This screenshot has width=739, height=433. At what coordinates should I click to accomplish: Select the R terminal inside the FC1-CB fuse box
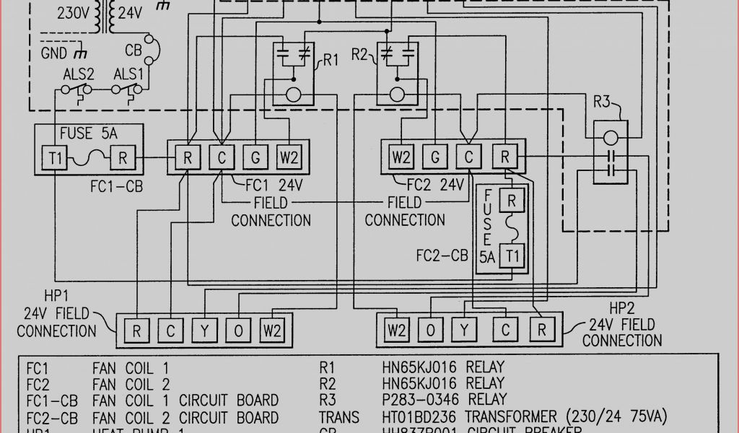(122, 157)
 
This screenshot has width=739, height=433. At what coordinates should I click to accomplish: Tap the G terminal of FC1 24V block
(255, 157)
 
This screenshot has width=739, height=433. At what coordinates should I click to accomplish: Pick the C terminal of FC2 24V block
(470, 157)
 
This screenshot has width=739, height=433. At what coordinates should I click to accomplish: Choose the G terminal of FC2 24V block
(435, 157)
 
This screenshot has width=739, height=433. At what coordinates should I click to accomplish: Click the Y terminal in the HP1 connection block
(204, 331)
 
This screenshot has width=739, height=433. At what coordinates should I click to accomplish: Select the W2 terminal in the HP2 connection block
(395, 331)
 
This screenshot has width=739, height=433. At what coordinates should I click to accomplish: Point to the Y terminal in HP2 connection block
(465, 331)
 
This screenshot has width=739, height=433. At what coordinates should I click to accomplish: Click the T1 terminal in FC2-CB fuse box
(512, 256)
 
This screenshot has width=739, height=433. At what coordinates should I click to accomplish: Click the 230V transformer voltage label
(74, 12)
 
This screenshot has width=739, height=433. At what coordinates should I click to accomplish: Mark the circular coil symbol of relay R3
(610, 136)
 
